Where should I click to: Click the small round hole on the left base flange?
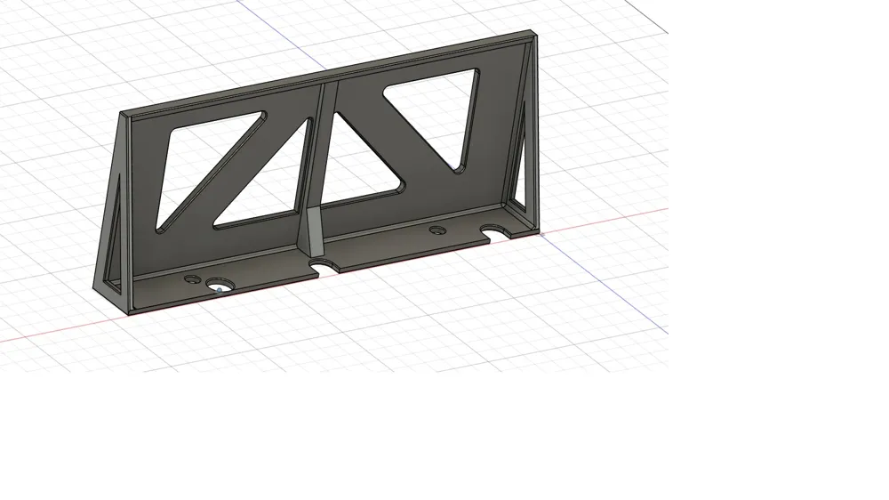[191, 278]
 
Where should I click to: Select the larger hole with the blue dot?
[219, 286]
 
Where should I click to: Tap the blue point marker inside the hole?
[220, 289]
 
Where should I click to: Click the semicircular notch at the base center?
[322, 266]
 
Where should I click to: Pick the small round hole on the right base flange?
[437, 230]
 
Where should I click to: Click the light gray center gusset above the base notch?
[313, 234]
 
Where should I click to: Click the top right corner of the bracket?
[535, 34]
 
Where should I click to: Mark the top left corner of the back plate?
[123, 114]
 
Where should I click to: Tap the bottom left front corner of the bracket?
[130, 313]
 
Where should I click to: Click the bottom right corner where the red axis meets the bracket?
[539, 233]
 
